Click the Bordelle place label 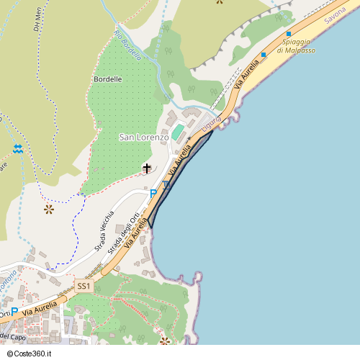(108, 78)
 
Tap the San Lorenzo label (143, 137)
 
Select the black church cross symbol (148, 168)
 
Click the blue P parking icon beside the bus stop (153, 193)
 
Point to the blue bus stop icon (166, 186)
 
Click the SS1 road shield (84, 286)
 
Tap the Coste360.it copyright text (29, 354)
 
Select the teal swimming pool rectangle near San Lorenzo (177, 132)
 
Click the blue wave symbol (18, 149)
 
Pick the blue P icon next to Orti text (14, 312)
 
